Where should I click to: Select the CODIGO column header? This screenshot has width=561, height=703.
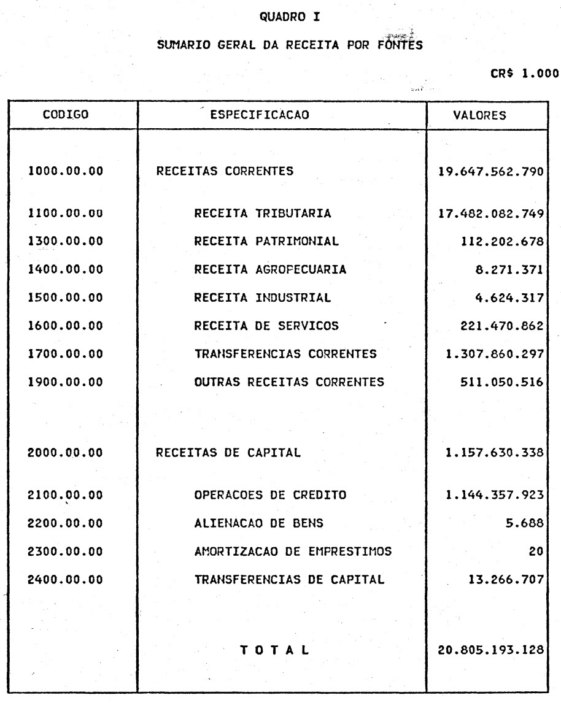tap(66, 115)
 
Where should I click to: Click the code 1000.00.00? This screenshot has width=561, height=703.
tap(66, 172)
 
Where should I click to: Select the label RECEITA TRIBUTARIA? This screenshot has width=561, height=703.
tap(263, 214)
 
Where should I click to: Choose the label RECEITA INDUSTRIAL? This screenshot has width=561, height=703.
tap(263, 299)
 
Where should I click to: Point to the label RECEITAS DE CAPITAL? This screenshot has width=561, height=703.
tap(229, 454)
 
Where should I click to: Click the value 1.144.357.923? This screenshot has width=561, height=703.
tap(495, 495)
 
